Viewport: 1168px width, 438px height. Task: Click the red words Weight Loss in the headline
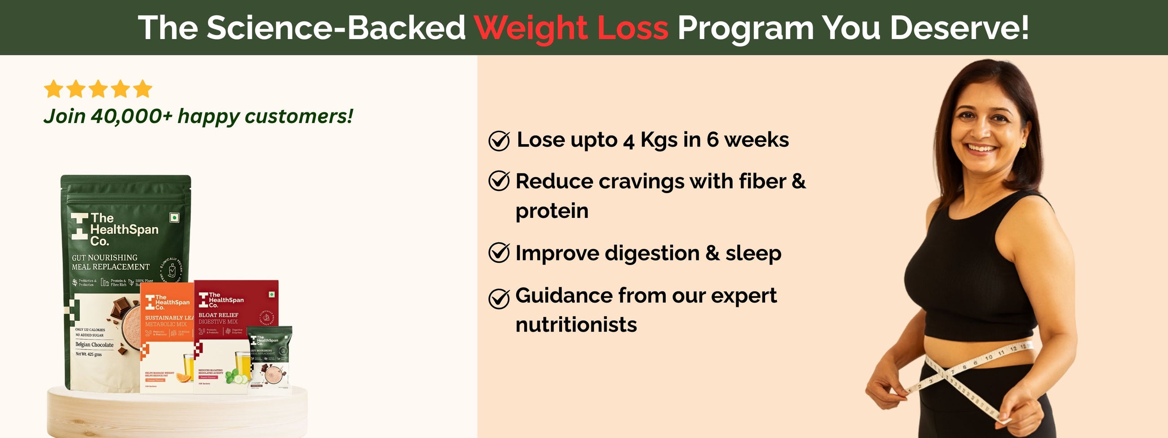point(571,28)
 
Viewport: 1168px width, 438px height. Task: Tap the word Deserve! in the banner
point(959,28)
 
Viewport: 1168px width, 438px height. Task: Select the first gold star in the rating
point(53,89)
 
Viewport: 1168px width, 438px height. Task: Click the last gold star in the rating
point(143,89)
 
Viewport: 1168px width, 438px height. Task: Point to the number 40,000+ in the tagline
point(132,116)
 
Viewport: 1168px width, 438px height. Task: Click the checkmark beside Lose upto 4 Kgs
point(499,141)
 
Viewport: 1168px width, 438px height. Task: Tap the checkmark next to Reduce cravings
point(499,181)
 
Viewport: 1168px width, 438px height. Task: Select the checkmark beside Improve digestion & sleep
point(499,253)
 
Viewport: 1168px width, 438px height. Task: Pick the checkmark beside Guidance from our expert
point(499,298)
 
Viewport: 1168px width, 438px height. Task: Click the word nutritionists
point(576,325)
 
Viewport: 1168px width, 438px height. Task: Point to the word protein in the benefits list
point(552,211)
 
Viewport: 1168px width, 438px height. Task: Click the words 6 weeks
point(747,140)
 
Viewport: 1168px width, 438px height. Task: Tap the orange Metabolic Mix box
point(166,336)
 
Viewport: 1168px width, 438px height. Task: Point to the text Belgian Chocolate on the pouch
point(94,345)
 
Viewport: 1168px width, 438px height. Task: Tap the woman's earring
point(1023,145)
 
